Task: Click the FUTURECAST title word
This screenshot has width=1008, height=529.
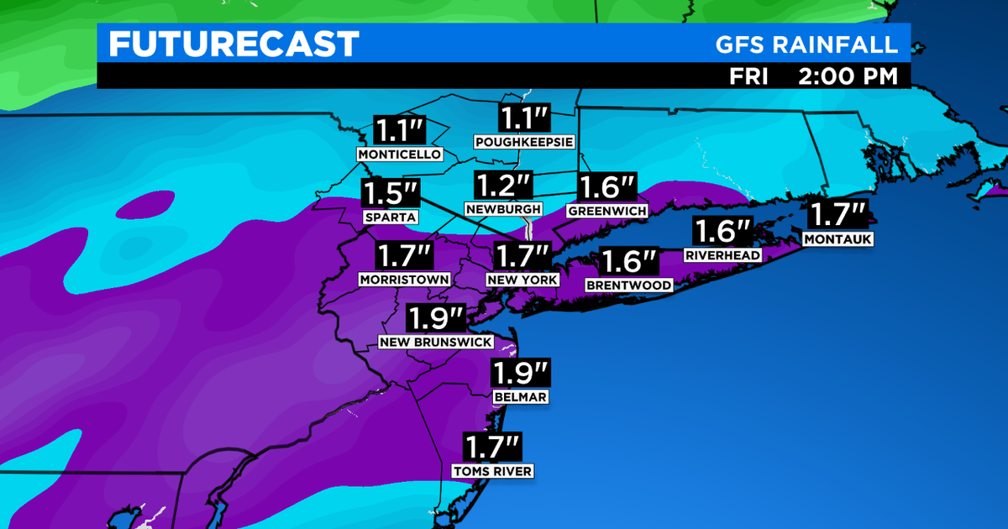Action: (x=234, y=44)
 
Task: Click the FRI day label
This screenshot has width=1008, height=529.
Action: (x=748, y=76)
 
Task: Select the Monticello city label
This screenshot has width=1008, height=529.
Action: (x=399, y=155)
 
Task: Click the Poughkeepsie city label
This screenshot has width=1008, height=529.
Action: (x=523, y=142)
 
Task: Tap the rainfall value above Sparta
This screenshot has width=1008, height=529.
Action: (x=391, y=193)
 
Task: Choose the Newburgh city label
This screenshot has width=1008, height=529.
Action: (x=503, y=208)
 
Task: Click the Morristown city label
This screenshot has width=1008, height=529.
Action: (x=404, y=279)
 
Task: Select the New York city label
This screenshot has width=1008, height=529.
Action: (x=522, y=278)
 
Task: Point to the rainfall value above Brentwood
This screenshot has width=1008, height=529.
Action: (x=629, y=262)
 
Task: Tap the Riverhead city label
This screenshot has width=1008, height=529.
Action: (x=722, y=255)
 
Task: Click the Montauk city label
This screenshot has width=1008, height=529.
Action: (x=837, y=239)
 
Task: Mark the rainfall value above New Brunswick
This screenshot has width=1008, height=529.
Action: (x=434, y=319)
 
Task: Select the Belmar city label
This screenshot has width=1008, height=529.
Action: (x=521, y=396)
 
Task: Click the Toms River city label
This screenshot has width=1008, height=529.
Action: (x=492, y=471)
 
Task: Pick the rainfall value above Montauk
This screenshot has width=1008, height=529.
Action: (x=837, y=215)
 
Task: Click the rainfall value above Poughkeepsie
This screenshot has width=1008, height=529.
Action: (x=523, y=117)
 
